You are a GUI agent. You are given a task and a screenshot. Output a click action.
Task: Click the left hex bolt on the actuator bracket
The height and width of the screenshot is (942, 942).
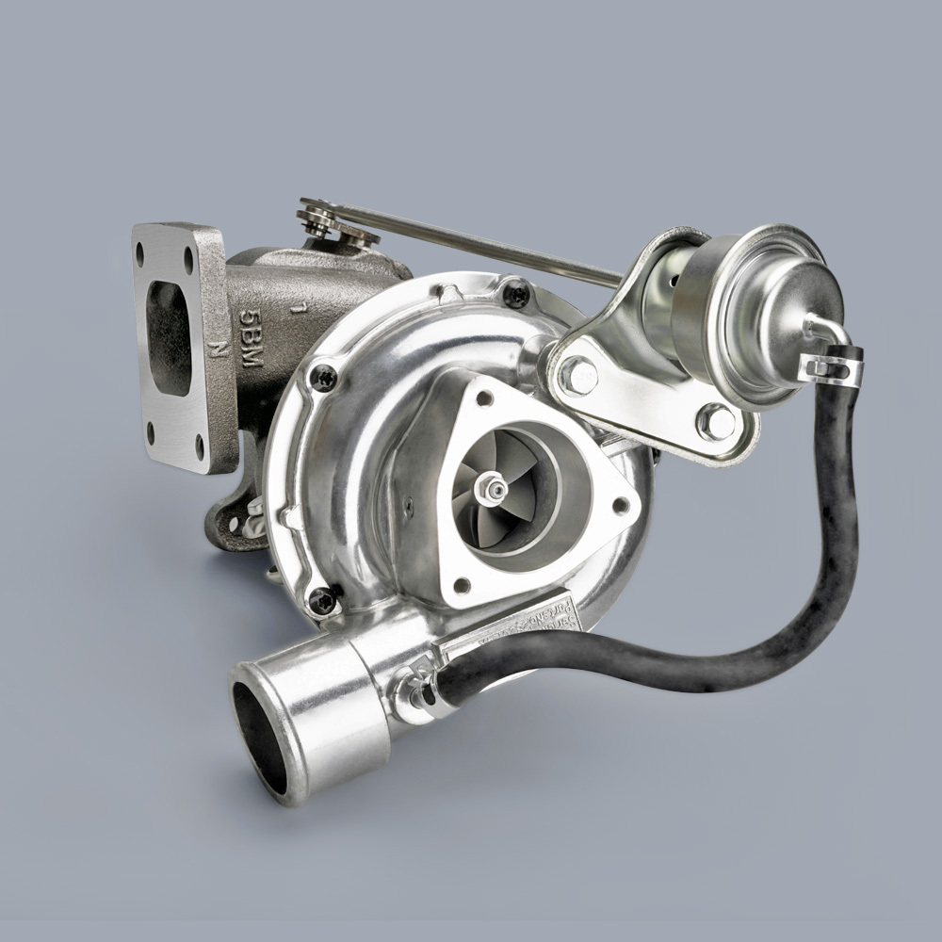pyautogui.click(x=577, y=376)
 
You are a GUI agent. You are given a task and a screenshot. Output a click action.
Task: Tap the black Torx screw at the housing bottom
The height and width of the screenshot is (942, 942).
pyautogui.click(x=323, y=598)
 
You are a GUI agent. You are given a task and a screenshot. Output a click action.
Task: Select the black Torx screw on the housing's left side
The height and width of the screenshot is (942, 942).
pyautogui.click(x=322, y=377)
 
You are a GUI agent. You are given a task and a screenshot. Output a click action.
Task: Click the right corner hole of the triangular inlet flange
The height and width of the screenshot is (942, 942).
pyautogui.click(x=619, y=505)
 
